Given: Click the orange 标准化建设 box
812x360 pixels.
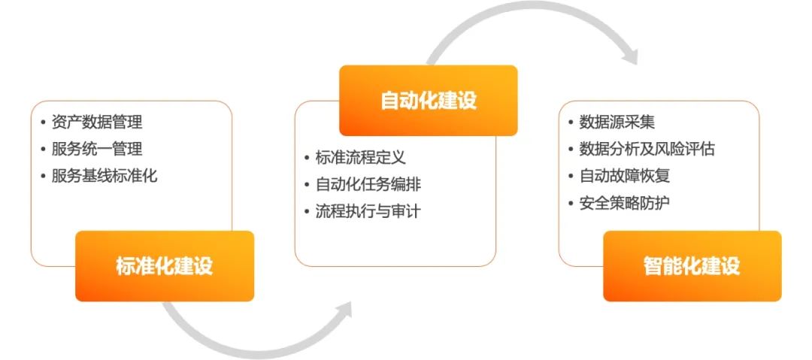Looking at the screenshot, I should pyautogui.click(x=165, y=266).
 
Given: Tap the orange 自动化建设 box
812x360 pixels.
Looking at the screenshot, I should pyautogui.click(x=428, y=101).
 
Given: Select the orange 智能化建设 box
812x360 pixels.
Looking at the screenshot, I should pyautogui.click(x=692, y=266).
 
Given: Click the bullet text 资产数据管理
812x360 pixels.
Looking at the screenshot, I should pyautogui.click(x=97, y=122).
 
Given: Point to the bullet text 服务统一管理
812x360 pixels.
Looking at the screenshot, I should pyautogui.click(x=97, y=149).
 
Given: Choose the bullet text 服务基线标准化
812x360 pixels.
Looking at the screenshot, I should pyautogui.click(x=105, y=177).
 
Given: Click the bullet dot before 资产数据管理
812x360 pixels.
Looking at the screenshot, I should pyautogui.click(x=43, y=123).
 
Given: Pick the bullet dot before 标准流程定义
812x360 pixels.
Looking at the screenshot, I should pyautogui.click(x=307, y=158).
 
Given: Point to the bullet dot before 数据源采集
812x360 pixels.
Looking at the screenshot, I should pyautogui.click(x=571, y=123).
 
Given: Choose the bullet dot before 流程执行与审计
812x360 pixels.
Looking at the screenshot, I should pyautogui.click(x=307, y=212).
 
